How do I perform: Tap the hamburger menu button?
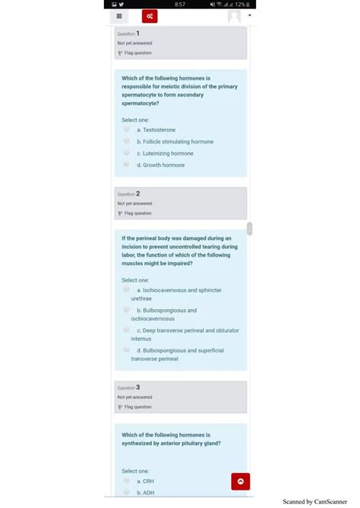pyautogui.click(x=119, y=17)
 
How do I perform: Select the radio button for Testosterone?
pyautogui.click(x=127, y=129)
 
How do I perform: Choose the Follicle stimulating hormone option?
pyautogui.click(x=127, y=141)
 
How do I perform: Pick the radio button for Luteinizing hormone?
pyautogui.click(x=127, y=153)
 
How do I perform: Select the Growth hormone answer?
pyautogui.click(x=127, y=164)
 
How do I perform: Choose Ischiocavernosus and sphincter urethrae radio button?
pyautogui.click(x=127, y=289)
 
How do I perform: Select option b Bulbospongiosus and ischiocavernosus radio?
pyautogui.click(x=127, y=310)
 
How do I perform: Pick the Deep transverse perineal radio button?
pyautogui.click(x=127, y=330)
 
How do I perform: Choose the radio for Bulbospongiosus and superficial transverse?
pyautogui.click(x=127, y=350)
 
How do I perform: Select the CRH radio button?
pyautogui.click(x=127, y=481)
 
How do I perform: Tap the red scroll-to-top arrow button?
pyautogui.click(x=240, y=481)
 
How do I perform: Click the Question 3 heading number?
pyautogui.click(x=137, y=387)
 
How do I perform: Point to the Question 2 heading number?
pyautogui.click(x=137, y=194)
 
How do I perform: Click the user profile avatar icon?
pyautogui.click(x=235, y=17)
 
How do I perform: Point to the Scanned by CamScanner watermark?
pyautogui.click(x=314, y=501)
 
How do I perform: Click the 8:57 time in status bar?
pyautogui.click(x=180, y=5)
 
